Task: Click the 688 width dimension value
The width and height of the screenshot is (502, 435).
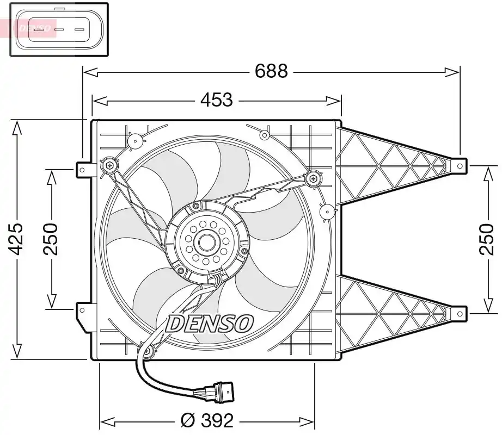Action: tap(271, 71)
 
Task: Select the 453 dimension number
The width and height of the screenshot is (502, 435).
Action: tap(216, 100)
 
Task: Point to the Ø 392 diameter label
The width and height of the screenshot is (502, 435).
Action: tap(206, 420)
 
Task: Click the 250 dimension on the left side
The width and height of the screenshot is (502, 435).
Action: tap(51, 239)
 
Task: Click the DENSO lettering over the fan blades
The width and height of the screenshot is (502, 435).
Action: tap(210, 324)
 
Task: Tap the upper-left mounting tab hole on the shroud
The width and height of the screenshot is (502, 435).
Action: tap(82, 169)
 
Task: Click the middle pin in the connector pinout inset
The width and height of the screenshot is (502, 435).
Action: tap(59, 29)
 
